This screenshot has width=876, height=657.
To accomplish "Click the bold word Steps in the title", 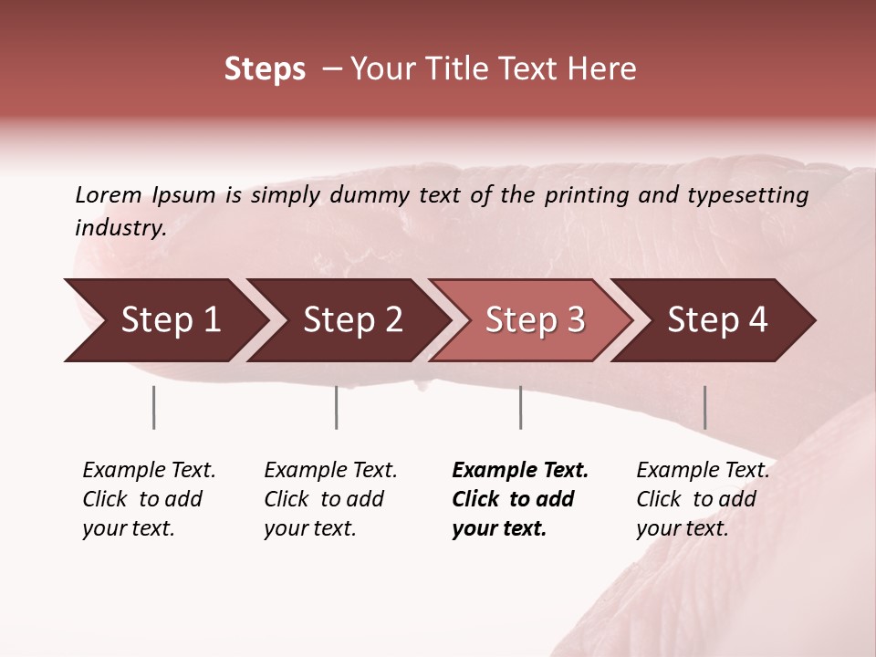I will click(x=265, y=69).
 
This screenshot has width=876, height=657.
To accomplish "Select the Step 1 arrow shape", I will click(x=164, y=320).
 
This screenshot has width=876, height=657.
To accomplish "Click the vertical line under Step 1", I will click(x=153, y=407).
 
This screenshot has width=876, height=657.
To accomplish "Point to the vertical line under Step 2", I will click(x=336, y=407).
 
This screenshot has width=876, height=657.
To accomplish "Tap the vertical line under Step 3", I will click(x=520, y=407).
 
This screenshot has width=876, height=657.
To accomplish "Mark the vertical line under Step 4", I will click(x=704, y=407).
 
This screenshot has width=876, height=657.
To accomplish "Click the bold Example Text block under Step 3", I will click(x=520, y=499).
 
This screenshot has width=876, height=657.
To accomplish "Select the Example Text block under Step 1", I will click(x=149, y=499).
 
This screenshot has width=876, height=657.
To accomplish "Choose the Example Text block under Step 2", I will click(x=330, y=499).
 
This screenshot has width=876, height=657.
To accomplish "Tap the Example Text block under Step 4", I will click(x=703, y=499).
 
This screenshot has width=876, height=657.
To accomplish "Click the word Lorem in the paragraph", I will click(x=109, y=194).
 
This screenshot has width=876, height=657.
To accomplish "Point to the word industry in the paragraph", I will click(x=120, y=228).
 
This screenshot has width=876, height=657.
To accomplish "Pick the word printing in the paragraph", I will click(x=588, y=195).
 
